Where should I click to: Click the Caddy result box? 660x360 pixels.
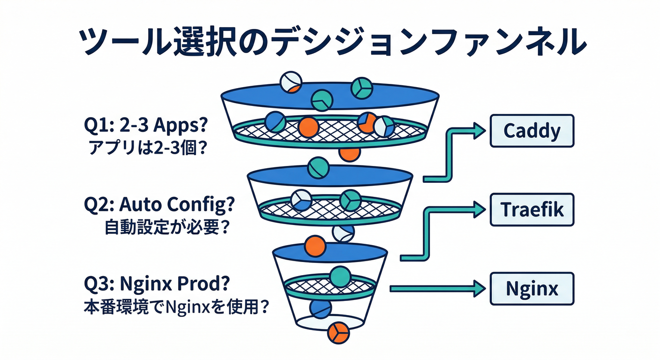pyautogui.click(x=532, y=131)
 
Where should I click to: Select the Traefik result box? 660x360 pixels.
pyautogui.click(x=532, y=210)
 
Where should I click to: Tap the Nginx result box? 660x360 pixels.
pyautogui.click(x=532, y=288)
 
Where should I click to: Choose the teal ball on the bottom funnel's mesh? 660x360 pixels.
pyautogui.click(x=340, y=277)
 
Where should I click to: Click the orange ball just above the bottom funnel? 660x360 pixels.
pyautogui.click(x=315, y=245)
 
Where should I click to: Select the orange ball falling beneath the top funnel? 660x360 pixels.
pyautogui.click(x=350, y=152)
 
